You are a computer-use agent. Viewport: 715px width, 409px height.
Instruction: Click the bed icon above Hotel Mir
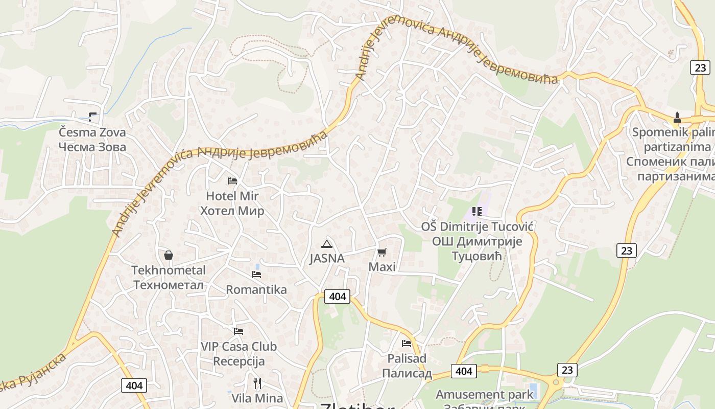[232, 181]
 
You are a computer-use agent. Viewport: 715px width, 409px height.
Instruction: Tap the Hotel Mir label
[232, 196]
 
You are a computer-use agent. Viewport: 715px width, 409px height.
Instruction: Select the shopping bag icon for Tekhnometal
[168, 255]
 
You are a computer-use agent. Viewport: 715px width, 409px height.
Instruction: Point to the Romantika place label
[256, 290]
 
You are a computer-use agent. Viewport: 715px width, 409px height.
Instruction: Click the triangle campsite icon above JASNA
[327, 244]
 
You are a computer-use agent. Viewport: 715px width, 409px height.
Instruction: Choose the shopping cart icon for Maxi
[382, 252]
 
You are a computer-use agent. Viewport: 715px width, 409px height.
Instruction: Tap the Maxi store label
[382, 267]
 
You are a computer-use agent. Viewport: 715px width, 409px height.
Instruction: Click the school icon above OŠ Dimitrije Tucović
[476, 211]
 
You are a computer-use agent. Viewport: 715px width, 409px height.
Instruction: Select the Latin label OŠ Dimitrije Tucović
[477, 226]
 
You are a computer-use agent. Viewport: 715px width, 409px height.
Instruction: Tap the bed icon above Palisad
[407, 344]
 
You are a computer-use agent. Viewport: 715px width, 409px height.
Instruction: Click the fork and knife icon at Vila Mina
[257, 383]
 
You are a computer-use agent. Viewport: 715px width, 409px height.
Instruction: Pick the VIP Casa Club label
[239, 347]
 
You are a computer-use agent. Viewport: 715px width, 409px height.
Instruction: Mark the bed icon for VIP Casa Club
[239, 331]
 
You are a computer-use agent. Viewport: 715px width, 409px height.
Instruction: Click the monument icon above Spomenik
[677, 117]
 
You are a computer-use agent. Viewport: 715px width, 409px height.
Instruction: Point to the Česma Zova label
[92, 132]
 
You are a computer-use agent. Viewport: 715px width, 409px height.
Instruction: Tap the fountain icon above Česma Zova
[92, 117]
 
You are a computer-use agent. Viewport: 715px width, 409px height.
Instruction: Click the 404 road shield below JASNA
[337, 297]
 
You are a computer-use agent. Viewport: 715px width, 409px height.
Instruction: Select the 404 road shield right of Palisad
[464, 371]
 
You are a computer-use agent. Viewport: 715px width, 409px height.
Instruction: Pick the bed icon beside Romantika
[256, 275]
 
